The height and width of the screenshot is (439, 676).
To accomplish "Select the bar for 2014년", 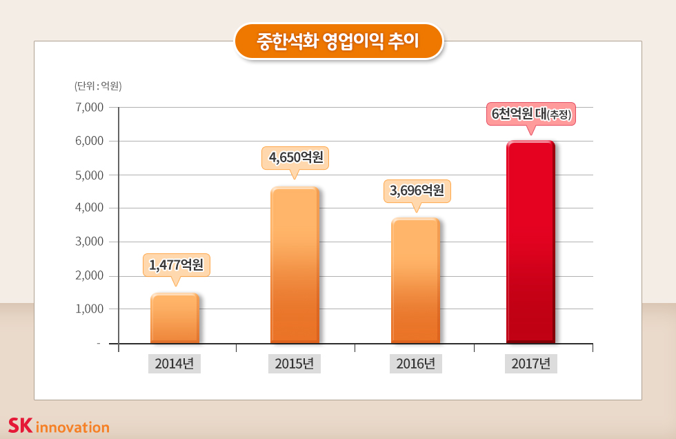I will click(x=175, y=318).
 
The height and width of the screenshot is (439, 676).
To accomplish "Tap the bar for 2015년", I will click(x=295, y=265).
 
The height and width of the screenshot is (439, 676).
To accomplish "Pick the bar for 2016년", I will click(x=415, y=281).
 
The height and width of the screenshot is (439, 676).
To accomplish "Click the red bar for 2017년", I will click(x=530, y=242).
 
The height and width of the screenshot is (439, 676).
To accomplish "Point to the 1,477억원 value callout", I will click(x=176, y=264).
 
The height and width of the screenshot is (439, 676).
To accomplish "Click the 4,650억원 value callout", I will click(x=295, y=157).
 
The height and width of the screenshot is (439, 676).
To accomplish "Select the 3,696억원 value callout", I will click(x=417, y=191).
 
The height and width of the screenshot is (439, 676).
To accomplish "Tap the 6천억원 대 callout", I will click(x=531, y=114).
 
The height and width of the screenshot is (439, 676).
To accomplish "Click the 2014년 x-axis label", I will click(x=175, y=364).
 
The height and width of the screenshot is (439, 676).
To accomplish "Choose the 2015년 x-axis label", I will click(x=295, y=364).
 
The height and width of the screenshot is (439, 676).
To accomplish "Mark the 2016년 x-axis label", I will click(x=415, y=364).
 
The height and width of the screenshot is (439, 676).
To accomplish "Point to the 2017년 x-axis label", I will click(x=531, y=364).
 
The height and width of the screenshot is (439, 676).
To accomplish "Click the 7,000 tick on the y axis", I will click(x=89, y=108).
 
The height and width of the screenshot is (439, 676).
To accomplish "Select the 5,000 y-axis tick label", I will click(x=89, y=175).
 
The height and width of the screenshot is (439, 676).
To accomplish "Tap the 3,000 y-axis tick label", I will click(x=89, y=242).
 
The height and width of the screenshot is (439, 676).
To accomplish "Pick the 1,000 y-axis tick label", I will click(x=89, y=309).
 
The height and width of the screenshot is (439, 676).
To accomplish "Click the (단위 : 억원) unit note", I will click(x=98, y=86).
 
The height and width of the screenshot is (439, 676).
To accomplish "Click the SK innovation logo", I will click(x=59, y=426).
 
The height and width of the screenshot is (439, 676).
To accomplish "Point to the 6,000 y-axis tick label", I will click(x=89, y=142).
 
